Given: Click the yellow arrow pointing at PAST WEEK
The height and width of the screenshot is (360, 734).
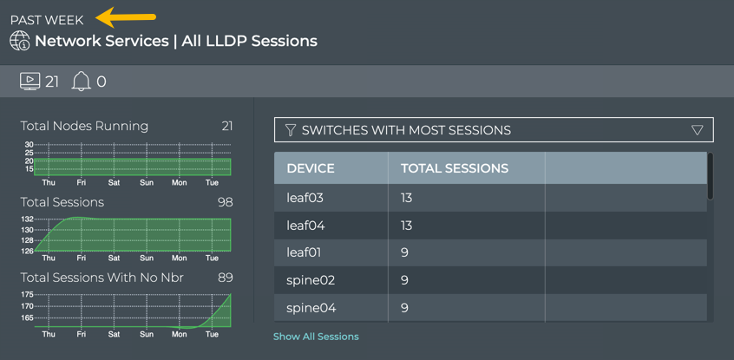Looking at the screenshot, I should pyautogui.click(x=126, y=16).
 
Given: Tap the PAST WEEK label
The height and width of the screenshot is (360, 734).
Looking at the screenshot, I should pyautogui.click(x=47, y=20).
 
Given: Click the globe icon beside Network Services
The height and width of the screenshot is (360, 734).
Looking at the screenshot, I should pyautogui.click(x=20, y=41).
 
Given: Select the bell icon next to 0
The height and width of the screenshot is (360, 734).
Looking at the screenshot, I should pyautogui.click(x=81, y=82).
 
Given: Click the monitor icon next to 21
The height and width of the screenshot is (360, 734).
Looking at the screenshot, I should pyautogui.click(x=29, y=82).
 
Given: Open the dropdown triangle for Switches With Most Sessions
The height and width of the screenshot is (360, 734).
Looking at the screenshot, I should pyautogui.click(x=697, y=130).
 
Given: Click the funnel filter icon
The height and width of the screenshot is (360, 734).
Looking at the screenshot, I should pyautogui.click(x=291, y=130).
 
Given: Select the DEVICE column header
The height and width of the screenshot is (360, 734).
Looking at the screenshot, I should pyautogui.click(x=311, y=168).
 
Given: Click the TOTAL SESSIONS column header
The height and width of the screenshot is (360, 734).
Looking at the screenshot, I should pyautogui.click(x=454, y=168).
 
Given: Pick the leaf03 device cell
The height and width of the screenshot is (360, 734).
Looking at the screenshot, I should pyautogui.click(x=305, y=198).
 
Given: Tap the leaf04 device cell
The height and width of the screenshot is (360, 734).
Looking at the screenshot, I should pyautogui.click(x=305, y=226).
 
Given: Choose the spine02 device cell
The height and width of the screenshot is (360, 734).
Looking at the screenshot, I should pyautogui.click(x=311, y=280).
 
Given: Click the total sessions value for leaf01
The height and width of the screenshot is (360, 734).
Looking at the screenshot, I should pyautogui.click(x=405, y=252).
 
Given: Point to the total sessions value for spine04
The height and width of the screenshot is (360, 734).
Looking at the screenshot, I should pyautogui.click(x=405, y=308).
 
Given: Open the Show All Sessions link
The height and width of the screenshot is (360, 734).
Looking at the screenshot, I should pyautogui.click(x=316, y=337).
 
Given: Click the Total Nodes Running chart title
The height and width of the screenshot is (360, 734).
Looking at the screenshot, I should pyautogui.click(x=84, y=126).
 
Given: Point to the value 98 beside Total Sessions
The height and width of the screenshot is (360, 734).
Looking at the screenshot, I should pyautogui.click(x=225, y=202).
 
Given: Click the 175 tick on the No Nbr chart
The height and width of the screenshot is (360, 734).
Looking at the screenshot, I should pyautogui.click(x=26, y=296).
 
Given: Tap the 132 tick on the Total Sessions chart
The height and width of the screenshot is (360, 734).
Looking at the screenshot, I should pyautogui.click(x=26, y=219).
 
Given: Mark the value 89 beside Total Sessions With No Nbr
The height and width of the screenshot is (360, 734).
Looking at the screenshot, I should pyautogui.click(x=225, y=278).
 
